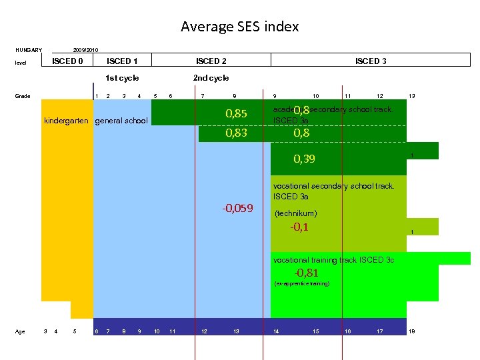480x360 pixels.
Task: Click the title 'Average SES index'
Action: (240, 27)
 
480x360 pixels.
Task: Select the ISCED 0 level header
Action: (67, 61)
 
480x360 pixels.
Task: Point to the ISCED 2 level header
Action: (211, 61)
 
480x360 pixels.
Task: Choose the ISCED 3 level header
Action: (371, 61)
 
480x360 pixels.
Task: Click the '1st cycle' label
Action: (122, 78)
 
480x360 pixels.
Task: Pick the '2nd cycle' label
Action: (211, 78)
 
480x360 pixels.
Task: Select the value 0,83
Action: (236, 133)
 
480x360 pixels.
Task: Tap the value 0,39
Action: (305, 159)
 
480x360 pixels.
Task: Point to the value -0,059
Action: (237, 208)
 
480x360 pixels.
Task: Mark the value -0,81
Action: (307, 273)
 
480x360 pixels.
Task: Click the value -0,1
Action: (299, 227)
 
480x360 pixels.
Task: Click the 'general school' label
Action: (121, 121)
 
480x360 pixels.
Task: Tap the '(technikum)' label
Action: (295, 214)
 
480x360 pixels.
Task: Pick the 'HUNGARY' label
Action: (29, 49)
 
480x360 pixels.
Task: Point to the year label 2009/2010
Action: (85, 50)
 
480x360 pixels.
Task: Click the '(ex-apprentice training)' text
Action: (301, 284)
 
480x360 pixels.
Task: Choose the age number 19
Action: (412, 331)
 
